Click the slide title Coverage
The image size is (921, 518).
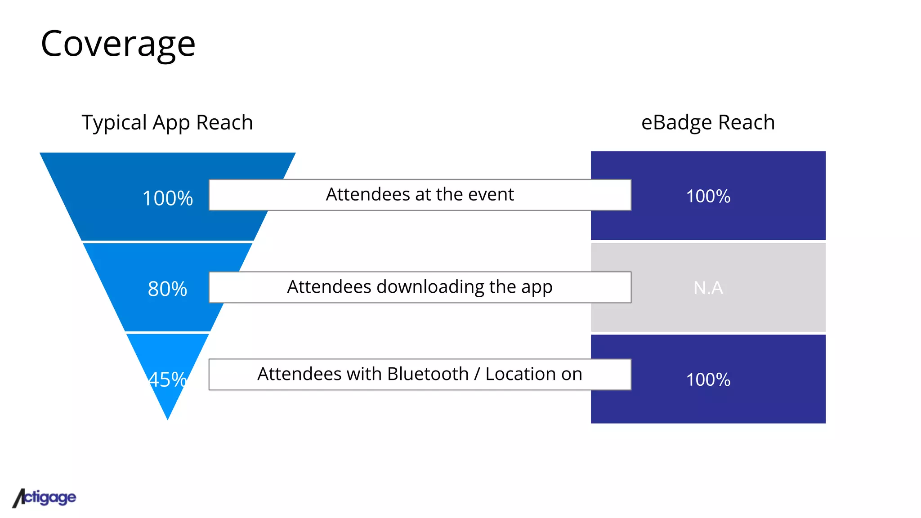pyautogui.click(x=118, y=44)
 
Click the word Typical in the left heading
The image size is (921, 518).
pyautogui.click(x=114, y=123)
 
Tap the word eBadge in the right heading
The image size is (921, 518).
pyautogui.click(x=676, y=123)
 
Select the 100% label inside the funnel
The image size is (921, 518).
pyautogui.click(x=167, y=198)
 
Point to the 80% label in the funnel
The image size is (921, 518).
pyautogui.click(x=167, y=289)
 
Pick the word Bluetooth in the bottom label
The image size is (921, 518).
pyautogui.click(x=428, y=374)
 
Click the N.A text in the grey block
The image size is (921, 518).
pyautogui.click(x=708, y=288)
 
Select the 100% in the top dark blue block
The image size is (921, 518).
pyautogui.click(x=708, y=196)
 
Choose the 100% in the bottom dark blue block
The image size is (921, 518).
pyautogui.click(x=708, y=380)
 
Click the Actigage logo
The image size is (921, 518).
pyautogui.click(x=44, y=498)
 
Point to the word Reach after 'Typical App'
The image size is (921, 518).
pyautogui.click(x=224, y=123)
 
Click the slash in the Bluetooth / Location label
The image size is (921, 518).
pyautogui.click(x=477, y=374)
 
